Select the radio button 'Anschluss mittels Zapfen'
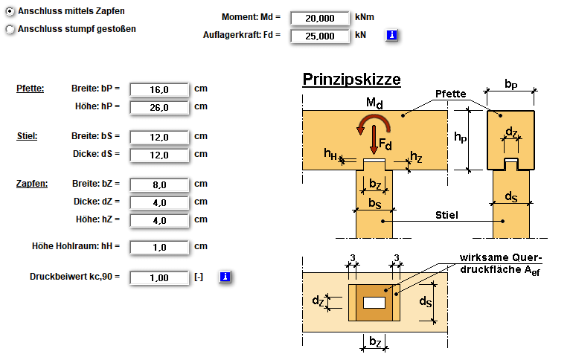click(x=10, y=12)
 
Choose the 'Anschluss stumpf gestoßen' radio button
click(x=10, y=30)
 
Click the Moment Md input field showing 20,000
click(x=320, y=18)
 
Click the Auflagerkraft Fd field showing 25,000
click(x=320, y=35)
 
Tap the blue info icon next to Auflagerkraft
click(x=391, y=35)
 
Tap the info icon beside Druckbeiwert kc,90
click(x=225, y=277)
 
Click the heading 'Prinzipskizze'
click(x=351, y=80)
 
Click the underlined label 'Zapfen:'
click(x=32, y=183)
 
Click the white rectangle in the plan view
click(x=374, y=303)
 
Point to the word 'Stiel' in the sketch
click(x=446, y=216)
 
